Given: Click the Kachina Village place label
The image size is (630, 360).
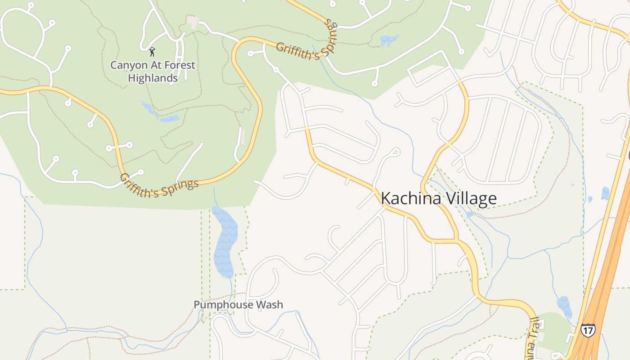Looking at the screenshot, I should [x=439, y=198].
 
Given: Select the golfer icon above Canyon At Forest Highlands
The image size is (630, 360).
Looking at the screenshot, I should [x=152, y=51].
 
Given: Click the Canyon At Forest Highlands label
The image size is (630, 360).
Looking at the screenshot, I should [x=153, y=71].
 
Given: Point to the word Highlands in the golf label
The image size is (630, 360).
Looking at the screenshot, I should [x=153, y=78].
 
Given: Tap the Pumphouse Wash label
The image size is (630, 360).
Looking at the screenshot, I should [x=238, y=305].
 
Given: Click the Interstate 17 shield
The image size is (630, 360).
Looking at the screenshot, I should [x=588, y=330].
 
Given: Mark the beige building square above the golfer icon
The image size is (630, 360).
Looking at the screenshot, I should [x=193, y=21].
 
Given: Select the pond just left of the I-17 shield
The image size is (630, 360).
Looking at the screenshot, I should [x=564, y=306].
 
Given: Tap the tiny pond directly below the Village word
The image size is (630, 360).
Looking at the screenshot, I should [x=469, y=215].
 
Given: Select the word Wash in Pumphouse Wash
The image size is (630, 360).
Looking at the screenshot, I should [x=269, y=305].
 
